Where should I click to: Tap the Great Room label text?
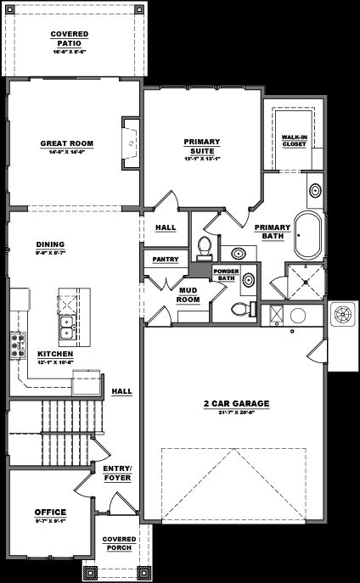(66, 143)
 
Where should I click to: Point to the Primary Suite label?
(202, 146)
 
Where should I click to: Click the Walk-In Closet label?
(294, 140)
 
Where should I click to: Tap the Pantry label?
(164, 259)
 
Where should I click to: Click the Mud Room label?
(188, 294)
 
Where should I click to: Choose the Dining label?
(50, 245)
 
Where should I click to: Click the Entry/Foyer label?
(116, 472)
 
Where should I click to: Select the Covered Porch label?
(117, 542)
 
